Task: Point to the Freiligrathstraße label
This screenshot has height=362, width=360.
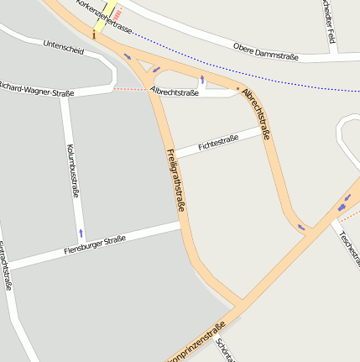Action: tap(175, 179)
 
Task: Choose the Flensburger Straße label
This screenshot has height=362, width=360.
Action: tap(94, 246)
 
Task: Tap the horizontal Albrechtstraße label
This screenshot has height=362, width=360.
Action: tap(175, 92)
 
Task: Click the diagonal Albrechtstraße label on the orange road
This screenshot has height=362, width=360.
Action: tap(258, 113)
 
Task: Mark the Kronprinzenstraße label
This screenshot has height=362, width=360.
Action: tap(196, 345)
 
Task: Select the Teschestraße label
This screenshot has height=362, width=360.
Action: tap(347, 244)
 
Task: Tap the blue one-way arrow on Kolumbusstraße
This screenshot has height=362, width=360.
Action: tap(81, 232)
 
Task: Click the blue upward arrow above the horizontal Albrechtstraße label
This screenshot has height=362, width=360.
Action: tap(201, 81)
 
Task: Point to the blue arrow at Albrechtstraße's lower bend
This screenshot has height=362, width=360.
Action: tap(300, 226)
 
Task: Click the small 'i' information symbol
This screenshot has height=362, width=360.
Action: tap(94, 35)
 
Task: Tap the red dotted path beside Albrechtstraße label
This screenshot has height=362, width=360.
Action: tap(130, 88)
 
